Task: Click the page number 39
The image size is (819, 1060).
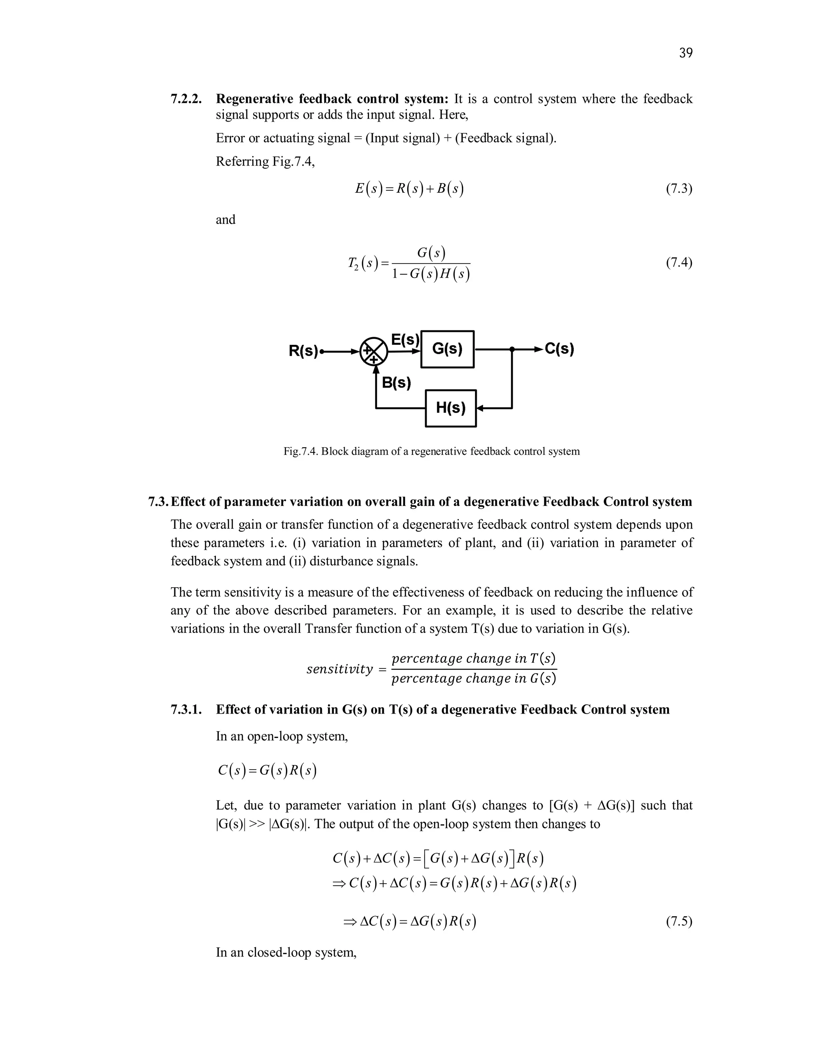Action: pos(685,53)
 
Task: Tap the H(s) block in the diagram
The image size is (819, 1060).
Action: pos(450,408)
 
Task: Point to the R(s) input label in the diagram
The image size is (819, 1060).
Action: pos(303,350)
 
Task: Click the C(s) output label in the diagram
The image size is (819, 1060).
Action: pos(559,349)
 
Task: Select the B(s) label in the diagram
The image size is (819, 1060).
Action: pos(396,382)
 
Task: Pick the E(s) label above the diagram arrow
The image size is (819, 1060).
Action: pos(405,339)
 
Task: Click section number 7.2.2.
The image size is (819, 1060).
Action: pos(186,99)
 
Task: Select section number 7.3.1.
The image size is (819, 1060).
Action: pos(186,710)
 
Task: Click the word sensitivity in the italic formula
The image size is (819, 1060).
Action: pos(340,669)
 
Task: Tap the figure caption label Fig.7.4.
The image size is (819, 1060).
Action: pos(300,451)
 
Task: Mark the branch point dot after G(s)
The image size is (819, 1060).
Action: pos(512,349)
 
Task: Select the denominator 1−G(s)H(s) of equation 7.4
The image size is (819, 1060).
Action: pos(431,274)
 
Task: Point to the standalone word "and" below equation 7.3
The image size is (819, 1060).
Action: pos(226,220)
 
